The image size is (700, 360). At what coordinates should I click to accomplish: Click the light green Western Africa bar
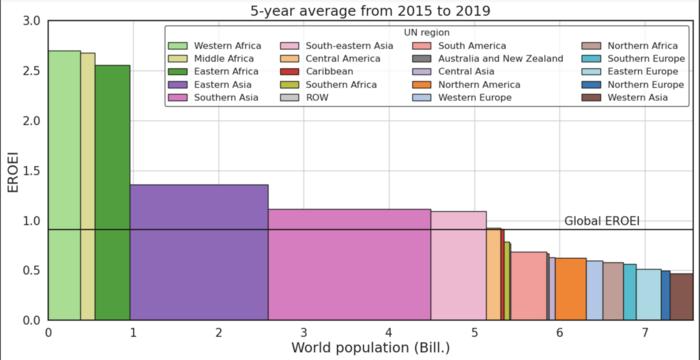click(64, 185)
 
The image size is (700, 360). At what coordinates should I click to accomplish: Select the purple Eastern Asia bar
click(199, 252)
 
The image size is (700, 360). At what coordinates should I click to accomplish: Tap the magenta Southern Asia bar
click(350, 264)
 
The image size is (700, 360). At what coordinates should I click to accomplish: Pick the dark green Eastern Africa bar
click(112, 193)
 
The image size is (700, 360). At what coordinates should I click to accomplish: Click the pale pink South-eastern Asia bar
click(458, 266)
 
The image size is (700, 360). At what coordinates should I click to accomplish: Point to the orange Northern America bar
click(571, 289)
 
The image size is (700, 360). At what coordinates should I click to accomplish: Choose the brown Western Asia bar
click(682, 297)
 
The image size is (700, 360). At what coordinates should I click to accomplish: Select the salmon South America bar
click(529, 286)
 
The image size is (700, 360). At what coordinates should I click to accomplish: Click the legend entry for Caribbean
click(317, 71)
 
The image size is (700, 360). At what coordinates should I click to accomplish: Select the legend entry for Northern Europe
click(633, 84)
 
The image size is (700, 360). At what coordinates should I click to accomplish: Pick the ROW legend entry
click(304, 97)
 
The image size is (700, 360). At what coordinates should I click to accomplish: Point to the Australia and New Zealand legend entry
click(488, 59)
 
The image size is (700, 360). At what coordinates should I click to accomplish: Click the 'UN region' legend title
click(426, 33)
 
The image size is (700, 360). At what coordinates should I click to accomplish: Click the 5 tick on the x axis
click(474, 332)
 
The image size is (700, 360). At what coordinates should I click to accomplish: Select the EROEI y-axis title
click(13, 171)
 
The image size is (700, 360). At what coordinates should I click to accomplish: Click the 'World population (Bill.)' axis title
click(371, 347)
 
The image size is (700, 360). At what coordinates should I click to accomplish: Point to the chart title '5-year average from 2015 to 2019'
click(371, 10)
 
